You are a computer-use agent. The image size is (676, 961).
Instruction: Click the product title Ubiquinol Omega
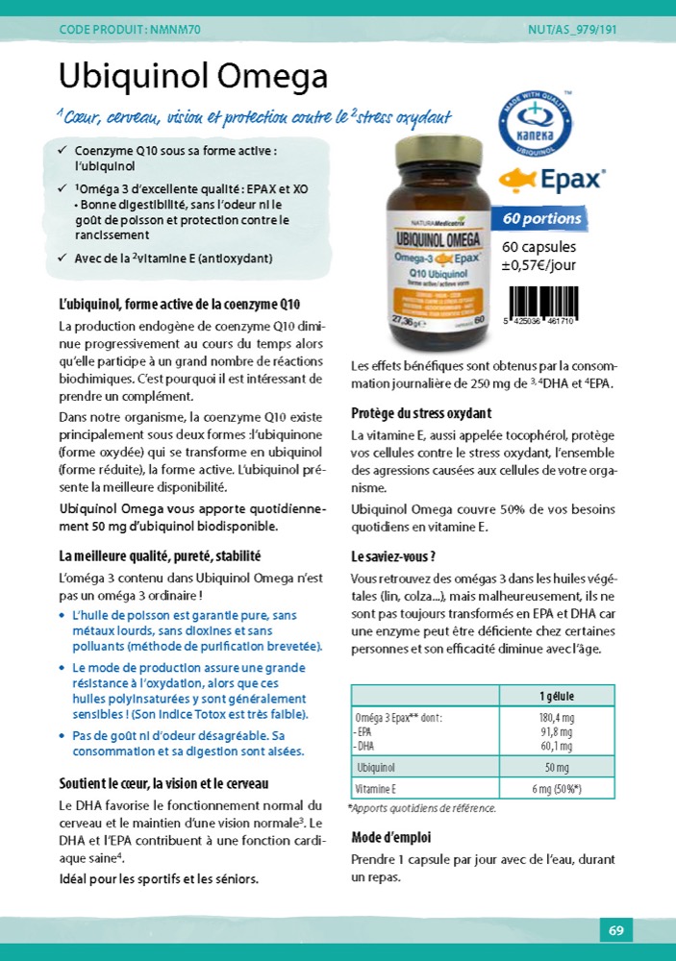click(x=193, y=76)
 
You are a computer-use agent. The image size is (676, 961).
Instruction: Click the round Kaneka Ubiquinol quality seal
click(x=533, y=125)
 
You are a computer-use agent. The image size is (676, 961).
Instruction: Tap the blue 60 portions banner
click(x=540, y=218)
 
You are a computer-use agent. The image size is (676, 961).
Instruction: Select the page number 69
click(x=615, y=930)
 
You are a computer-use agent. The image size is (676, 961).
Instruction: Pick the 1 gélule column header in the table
click(x=557, y=697)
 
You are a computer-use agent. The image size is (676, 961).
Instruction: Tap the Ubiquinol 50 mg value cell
click(x=557, y=767)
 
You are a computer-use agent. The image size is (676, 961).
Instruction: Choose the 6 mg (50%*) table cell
click(x=557, y=789)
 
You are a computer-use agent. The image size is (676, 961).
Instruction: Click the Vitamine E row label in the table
click(x=376, y=789)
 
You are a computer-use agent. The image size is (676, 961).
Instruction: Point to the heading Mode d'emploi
click(x=391, y=837)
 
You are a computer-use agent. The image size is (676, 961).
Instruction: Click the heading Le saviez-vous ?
click(x=394, y=556)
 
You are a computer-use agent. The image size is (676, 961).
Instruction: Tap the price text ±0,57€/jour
click(x=539, y=264)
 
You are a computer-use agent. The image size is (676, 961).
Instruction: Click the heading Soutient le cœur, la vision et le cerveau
click(x=163, y=783)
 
